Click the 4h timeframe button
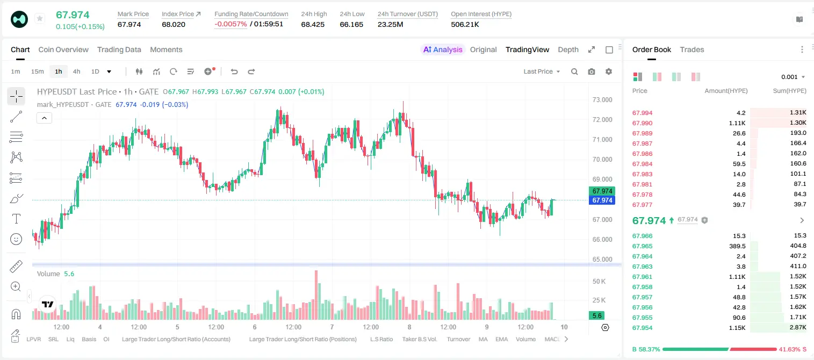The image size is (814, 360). click(76, 71)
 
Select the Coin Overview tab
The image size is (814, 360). click(63, 49)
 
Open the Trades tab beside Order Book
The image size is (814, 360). click(692, 49)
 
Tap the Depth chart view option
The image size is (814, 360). click(568, 49)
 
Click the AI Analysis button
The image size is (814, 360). click(443, 49)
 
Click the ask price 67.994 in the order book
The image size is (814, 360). click(642, 113)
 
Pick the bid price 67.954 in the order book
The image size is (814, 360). click(642, 328)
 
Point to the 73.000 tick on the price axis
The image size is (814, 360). click(602, 100)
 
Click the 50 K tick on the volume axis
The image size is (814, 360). click(599, 281)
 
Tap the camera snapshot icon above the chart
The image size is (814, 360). click(592, 71)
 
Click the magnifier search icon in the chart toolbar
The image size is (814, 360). click(574, 71)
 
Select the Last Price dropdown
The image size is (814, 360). click(542, 71)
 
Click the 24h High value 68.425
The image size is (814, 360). click(313, 24)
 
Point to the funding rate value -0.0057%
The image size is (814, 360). click(230, 24)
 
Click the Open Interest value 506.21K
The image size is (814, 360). click(465, 24)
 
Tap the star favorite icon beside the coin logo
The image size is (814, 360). click(40, 18)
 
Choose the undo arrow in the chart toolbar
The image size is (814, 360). click(234, 71)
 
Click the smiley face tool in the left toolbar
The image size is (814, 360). click(16, 239)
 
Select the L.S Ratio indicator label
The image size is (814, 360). click(381, 339)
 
